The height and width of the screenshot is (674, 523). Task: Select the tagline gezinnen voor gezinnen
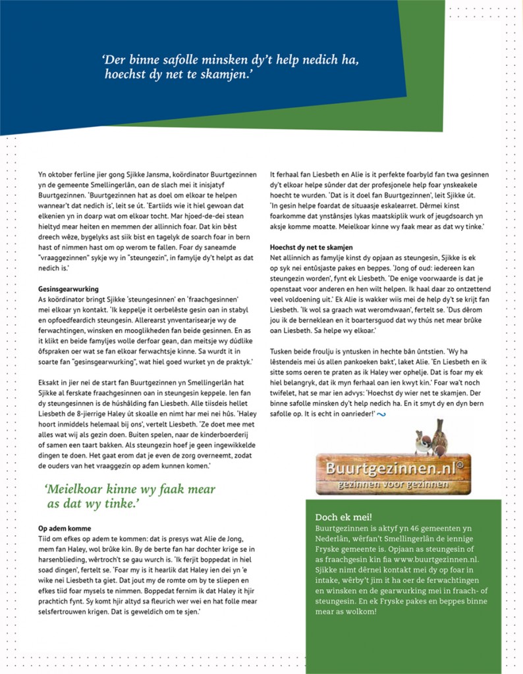pos(393,485)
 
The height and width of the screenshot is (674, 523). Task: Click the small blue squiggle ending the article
pos(381,413)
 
